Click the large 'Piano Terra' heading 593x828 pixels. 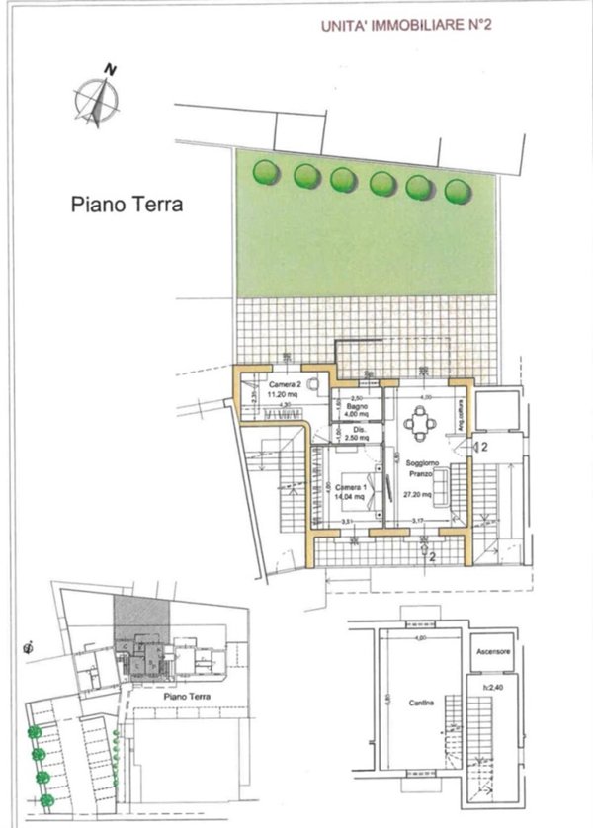[127, 206]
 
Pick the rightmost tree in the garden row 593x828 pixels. [456, 191]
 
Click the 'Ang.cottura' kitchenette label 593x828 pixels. [458, 408]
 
